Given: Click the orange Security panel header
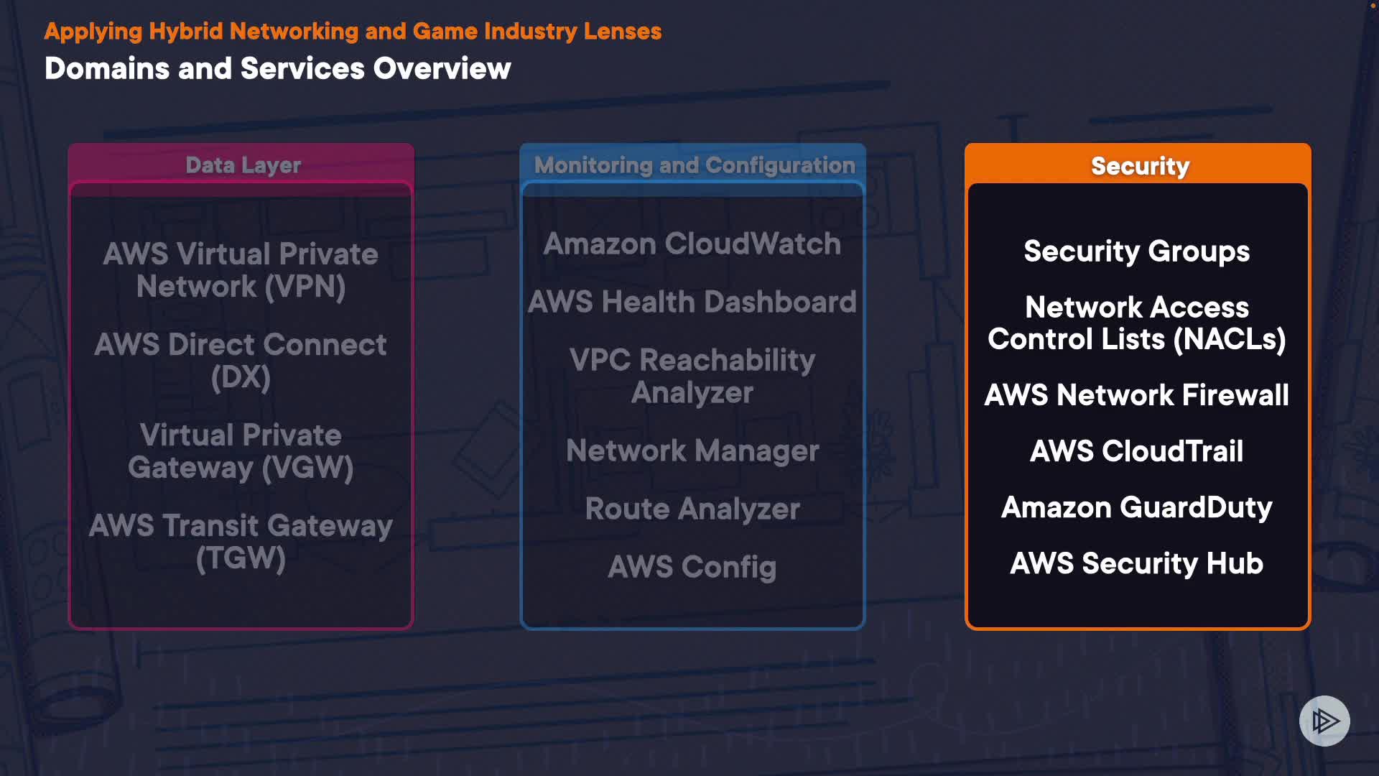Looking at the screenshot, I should tap(1139, 166).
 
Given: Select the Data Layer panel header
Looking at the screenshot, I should tap(243, 165).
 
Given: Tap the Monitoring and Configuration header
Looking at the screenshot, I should tap(694, 165).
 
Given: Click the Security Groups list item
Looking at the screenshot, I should tap(1136, 251).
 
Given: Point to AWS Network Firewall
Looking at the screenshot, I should tap(1136, 395).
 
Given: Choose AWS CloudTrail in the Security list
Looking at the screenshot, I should tap(1136, 451).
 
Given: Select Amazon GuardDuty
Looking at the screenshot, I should tap(1136, 507).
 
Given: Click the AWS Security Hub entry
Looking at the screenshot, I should tap(1136, 563).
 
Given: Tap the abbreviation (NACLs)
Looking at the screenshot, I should tap(1229, 339).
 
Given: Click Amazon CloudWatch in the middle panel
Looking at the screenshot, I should tap(692, 244).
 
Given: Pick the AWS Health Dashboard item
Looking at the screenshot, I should tap(692, 302).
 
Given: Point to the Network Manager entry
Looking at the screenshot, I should tap(692, 451).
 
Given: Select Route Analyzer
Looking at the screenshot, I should tap(692, 509).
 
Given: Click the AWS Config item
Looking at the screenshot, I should tap(692, 567).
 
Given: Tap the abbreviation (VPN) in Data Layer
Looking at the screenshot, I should tap(305, 287).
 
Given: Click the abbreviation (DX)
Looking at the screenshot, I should tap(241, 377).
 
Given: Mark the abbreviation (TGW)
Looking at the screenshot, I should tap(241, 558).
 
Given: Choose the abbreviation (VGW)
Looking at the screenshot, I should tap(307, 468).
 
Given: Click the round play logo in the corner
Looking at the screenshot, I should tap(1324, 721).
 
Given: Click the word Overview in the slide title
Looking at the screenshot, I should tap(442, 69).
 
